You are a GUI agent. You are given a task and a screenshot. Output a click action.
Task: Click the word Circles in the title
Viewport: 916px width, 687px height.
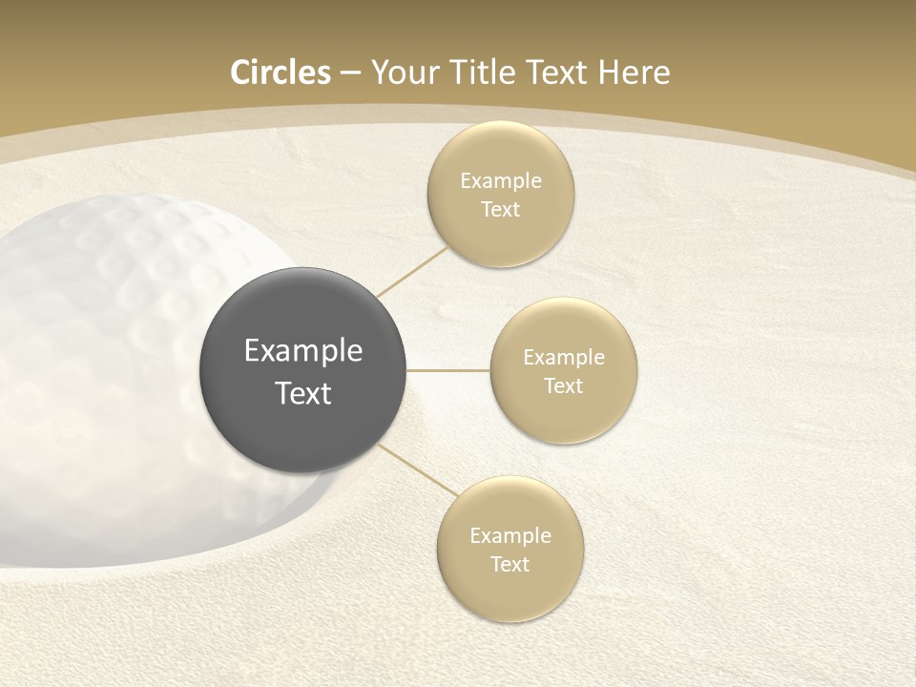[x=281, y=73]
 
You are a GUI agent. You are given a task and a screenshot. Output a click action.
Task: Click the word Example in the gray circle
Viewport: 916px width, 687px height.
[x=303, y=351]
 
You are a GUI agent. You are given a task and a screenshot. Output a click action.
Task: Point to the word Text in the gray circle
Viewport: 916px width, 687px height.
[x=303, y=393]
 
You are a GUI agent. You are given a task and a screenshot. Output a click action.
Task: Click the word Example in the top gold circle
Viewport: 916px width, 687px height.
[x=500, y=181]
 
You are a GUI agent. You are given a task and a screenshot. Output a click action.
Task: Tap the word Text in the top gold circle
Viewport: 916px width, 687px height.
[x=500, y=210]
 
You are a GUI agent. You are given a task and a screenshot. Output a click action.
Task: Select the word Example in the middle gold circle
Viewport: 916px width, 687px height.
[x=563, y=358]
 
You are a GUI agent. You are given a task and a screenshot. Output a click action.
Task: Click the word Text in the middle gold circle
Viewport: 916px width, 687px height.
[x=563, y=386]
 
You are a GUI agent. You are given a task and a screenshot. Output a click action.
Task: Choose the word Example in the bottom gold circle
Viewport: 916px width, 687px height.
[x=510, y=536]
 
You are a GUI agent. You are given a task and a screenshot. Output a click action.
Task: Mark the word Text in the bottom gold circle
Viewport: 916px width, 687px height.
[x=510, y=565]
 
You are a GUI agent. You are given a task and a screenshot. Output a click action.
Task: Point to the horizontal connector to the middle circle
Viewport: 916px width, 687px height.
[x=448, y=370]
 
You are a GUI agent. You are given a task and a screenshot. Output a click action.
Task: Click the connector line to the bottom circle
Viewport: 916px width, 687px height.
[x=414, y=470]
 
